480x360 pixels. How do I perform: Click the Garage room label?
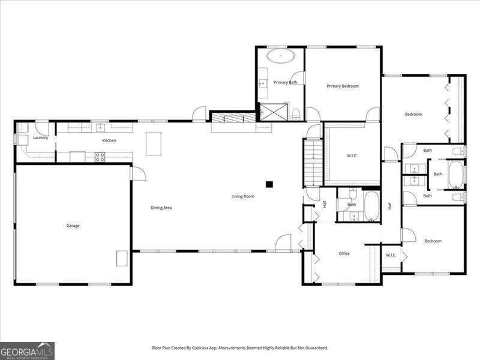pos(73,226)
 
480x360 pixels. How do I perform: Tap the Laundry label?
pos(41,137)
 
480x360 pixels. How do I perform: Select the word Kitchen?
pos(109,140)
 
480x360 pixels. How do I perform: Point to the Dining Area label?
pos(161,208)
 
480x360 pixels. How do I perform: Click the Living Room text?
pos(244,196)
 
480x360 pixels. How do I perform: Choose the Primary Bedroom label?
pos(343,86)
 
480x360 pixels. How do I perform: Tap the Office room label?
pos(344,253)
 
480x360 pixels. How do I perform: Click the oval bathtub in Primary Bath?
pos(280,57)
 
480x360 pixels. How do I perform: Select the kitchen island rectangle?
pos(154,143)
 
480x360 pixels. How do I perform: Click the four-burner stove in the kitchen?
pos(100,157)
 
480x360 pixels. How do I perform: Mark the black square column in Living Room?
pos(269,184)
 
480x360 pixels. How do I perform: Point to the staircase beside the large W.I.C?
pos(313,162)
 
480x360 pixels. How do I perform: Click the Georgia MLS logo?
pos(27,350)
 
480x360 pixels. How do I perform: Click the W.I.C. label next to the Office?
pos(391,255)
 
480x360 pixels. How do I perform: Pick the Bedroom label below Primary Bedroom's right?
pos(413,114)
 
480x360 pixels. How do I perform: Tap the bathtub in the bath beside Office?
pos(371,207)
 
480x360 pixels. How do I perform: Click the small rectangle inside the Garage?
pos(122,258)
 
